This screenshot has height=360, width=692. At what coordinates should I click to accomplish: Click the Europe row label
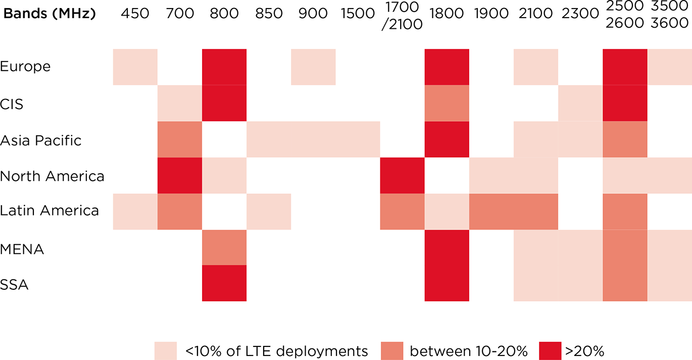click(x=25, y=67)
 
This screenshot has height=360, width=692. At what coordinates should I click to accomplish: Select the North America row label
click(x=52, y=176)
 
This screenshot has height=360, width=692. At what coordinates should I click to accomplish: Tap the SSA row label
click(x=14, y=285)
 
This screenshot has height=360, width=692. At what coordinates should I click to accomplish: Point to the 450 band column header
click(x=135, y=13)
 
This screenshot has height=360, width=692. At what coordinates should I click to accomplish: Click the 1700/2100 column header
click(x=402, y=15)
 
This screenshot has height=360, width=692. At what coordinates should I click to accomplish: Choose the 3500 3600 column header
click(x=670, y=15)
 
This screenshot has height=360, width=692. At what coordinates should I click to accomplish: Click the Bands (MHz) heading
click(x=50, y=13)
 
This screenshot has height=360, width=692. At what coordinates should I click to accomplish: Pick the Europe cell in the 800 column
click(x=224, y=67)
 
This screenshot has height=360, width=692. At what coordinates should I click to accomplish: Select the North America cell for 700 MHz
click(x=180, y=176)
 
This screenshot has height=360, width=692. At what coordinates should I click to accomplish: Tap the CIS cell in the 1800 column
click(x=447, y=103)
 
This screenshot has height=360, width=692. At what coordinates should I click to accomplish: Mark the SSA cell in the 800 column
click(x=224, y=283)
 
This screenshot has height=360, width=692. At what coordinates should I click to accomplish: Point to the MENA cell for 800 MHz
click(x=224, y=247)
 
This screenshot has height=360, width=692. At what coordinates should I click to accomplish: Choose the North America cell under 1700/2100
click(x=403, y=176)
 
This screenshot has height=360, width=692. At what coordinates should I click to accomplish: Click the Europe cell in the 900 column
click(x=313, y=67)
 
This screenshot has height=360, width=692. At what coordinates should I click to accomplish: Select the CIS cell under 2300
click(x=580, y=103)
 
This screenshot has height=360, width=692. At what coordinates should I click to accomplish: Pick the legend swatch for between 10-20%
click(x=392, y=350)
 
